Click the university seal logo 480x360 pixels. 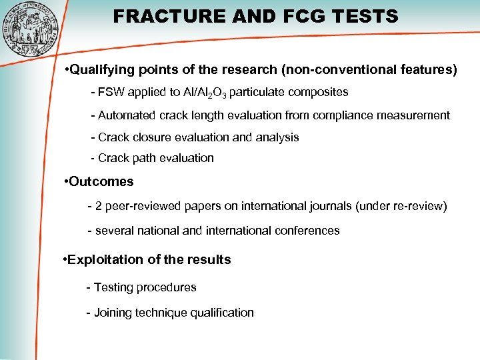[x=31, y=28]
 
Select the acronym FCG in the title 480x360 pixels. [x=295, y=16]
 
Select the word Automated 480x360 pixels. [x=127, y=115]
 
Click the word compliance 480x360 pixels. [x=350, y=115]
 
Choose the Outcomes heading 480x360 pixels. [x=101, y=181]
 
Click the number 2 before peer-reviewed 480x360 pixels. [x=99, y=206]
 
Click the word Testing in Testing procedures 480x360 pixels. [x=113, y=287]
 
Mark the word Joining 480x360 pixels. [x=114, y=313]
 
